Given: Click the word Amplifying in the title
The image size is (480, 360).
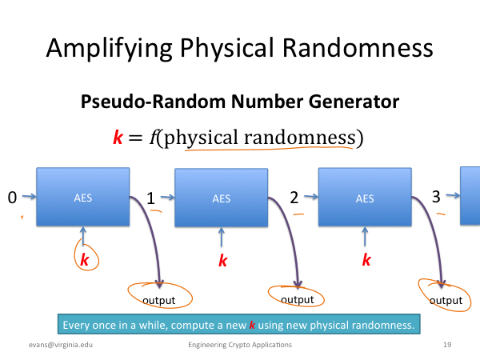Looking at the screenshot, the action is [110, 49].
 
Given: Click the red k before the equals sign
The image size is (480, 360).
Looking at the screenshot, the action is [118, 137].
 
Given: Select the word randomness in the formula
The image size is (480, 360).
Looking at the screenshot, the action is [300, 138].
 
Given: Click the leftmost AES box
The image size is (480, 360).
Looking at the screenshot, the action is [83, 197].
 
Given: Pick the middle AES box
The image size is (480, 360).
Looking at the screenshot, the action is [221, 198].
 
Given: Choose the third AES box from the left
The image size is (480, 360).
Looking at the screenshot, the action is [365, 198].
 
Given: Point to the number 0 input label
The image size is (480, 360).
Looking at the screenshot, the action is [12, 198].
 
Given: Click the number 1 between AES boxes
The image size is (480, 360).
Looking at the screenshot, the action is [150, 198].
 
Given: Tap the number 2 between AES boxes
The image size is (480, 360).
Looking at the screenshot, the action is [294, 198].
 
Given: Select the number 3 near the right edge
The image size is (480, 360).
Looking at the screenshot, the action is [436, 197].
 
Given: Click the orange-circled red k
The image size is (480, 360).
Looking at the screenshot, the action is [85, 260].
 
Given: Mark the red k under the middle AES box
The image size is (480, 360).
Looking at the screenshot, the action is [223, 261].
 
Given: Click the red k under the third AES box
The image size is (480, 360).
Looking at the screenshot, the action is [366, 260].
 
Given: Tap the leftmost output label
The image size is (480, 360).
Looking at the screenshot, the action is [159, 301].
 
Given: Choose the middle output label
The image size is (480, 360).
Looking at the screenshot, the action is [298, 300].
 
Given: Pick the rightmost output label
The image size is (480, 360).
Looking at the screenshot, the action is [446, 301].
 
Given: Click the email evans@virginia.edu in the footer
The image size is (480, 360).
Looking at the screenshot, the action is [61, 345].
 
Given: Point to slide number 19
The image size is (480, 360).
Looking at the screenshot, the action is [447, 345].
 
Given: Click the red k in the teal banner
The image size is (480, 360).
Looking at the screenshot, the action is [252, 325].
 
